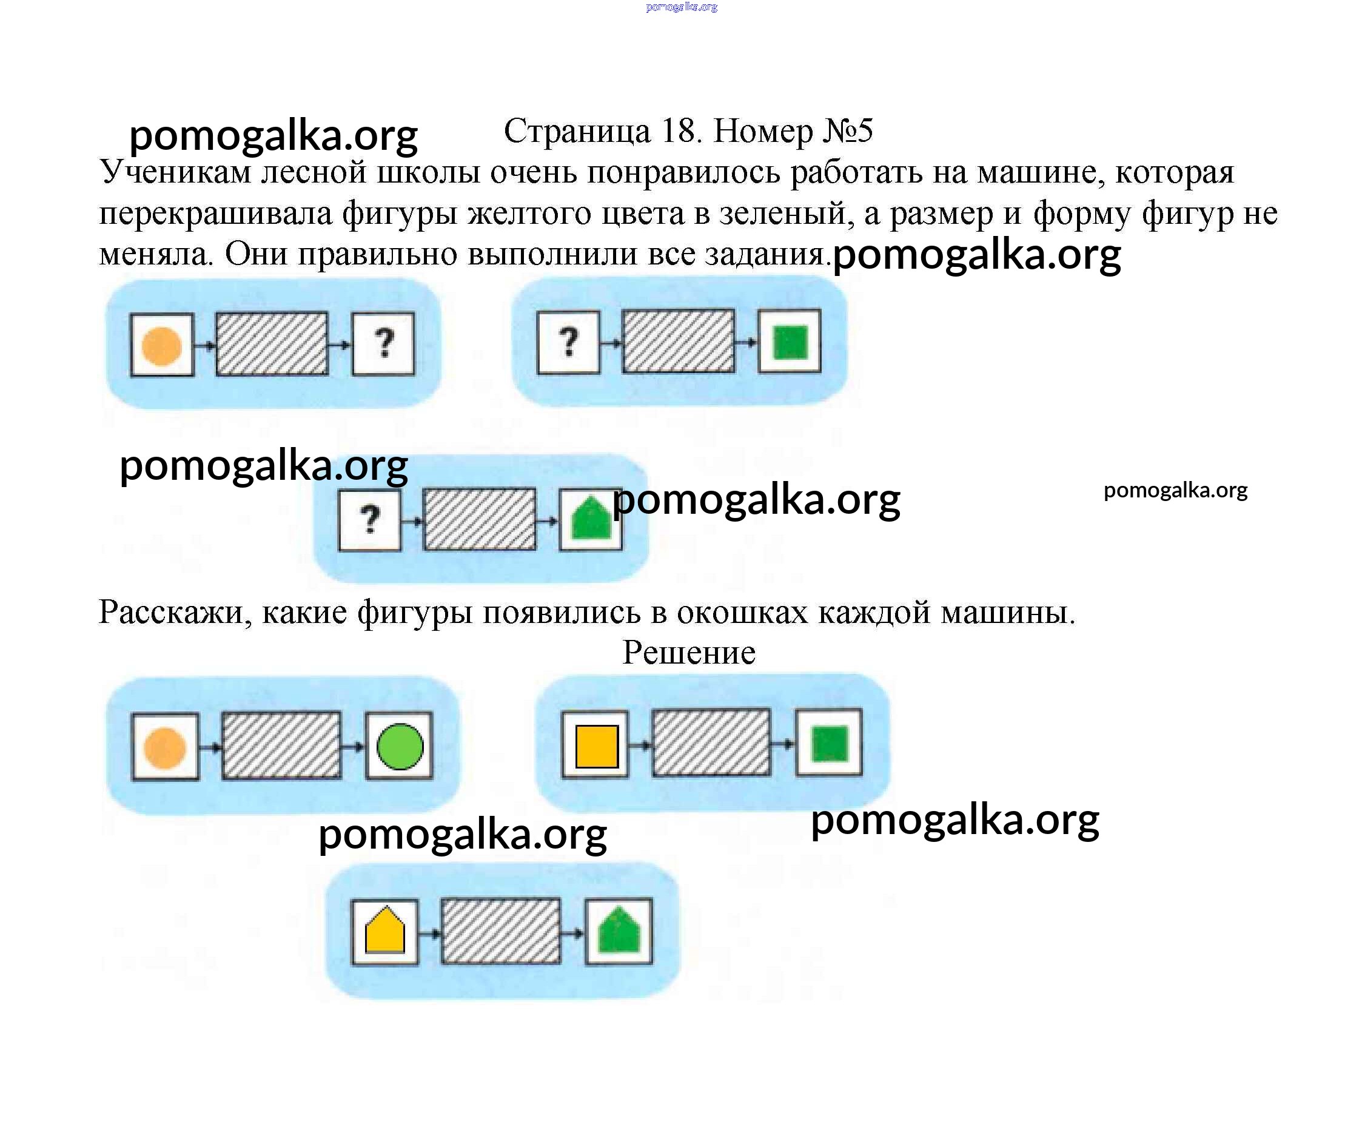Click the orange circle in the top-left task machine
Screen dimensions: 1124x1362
[161, 346]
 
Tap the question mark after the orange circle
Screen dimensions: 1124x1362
[384, 344]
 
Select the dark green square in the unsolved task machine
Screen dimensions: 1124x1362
[790, 342]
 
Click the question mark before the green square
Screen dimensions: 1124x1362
[568, 342]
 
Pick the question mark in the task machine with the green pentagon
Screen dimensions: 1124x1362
[370, 519]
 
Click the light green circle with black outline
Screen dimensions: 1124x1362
[400, 747]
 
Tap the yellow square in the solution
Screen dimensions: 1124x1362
[596, 747]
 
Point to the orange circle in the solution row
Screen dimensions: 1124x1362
[164, 748]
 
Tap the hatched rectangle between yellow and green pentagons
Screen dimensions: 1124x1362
[500, 931]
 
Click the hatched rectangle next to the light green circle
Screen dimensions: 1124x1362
[281, 745]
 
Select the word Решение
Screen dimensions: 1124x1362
[689, 653]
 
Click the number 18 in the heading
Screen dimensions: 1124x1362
[680, 132]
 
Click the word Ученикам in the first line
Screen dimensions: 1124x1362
[175, 173]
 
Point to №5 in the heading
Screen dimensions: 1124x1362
[848, 132]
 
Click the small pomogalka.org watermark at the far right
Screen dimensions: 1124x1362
[1175, 490]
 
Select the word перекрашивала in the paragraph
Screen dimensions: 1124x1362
[215, 214]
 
